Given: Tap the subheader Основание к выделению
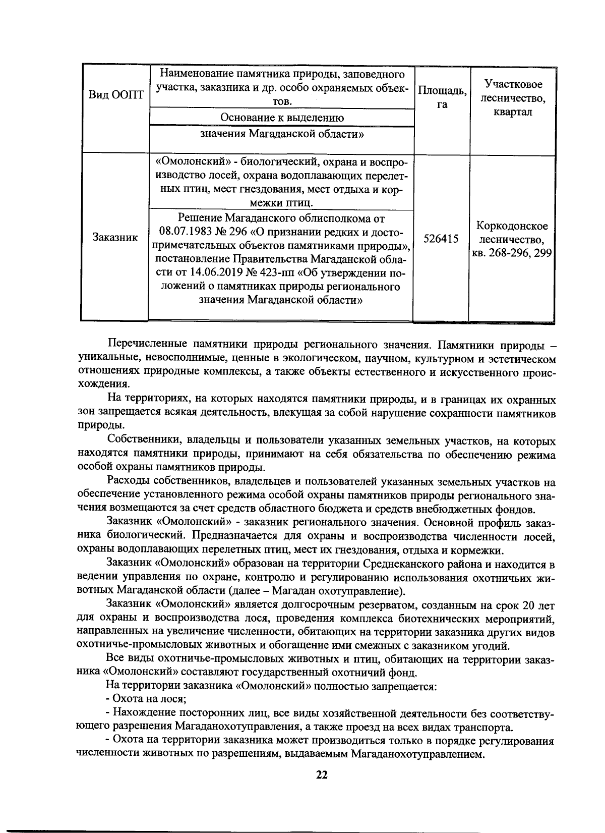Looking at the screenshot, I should [x=282, y=118].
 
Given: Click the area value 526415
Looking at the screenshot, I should [x=441, y=239].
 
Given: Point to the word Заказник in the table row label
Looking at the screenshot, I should [x=115, y=237].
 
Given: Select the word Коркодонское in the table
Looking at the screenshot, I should [x=512, y=226].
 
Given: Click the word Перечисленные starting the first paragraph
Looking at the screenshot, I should [x=147, y=345].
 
